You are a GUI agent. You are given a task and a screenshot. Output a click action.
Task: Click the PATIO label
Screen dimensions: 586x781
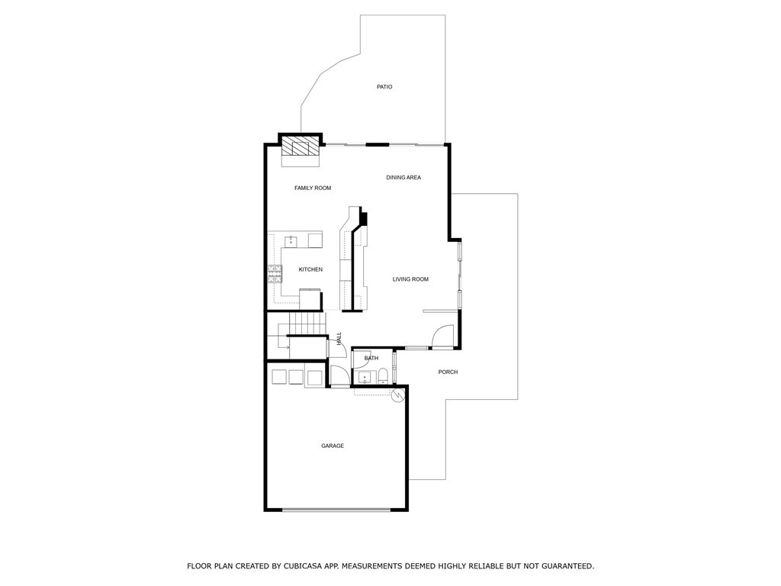[x=384, y=87]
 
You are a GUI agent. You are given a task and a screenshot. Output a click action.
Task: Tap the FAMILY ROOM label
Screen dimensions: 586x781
[x=313, y=188]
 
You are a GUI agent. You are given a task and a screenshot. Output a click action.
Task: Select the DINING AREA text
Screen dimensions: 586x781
[x=403, y=178]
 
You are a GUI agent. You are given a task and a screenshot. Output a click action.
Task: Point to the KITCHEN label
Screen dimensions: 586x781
[x=310, y=269]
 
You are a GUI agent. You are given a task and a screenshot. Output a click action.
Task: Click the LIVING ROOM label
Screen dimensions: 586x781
[x=410, y=279]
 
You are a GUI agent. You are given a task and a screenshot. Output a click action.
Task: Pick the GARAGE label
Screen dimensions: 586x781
[x=333, y=446]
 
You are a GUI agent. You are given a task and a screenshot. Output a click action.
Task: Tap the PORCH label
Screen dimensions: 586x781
[x=448, y=372]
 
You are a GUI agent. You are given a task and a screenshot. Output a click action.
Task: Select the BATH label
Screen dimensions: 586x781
[x=371, y=358]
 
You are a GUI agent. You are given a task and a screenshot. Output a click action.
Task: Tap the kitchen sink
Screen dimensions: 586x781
[x=291, y=241]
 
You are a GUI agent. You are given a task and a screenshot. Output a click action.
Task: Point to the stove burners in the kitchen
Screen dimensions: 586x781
[x=273, y=273]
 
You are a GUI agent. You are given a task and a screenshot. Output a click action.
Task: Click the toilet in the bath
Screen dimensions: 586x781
[x=383, y=375]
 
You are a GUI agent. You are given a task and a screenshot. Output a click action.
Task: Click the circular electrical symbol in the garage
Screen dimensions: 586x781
[x=397, y=395]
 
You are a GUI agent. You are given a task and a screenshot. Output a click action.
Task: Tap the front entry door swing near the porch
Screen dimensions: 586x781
[x=445, y=336]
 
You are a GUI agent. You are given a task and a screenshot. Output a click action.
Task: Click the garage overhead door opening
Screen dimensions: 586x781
[x=336, y=509]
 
